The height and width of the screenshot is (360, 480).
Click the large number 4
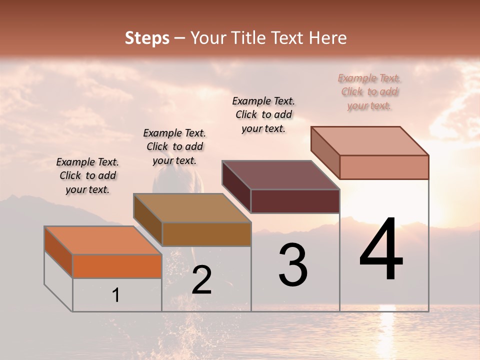(x=381, y=250)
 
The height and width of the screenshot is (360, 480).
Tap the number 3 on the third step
(x=293, y=265)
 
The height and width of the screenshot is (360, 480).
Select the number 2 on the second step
(x=202, y=280)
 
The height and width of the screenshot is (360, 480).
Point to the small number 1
(x=116, y=295)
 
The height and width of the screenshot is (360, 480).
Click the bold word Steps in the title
(x=147, y=38)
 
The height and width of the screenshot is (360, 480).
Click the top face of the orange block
(x=103, y=240)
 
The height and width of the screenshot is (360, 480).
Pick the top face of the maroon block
(x=281, y=175)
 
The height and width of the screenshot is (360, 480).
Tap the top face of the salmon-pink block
(x=370, y=141)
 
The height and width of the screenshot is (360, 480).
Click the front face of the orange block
(x=117, y=266)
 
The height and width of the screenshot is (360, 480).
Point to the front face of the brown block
(x=206, y=234)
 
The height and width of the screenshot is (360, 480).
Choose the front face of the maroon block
(x=295, y=201)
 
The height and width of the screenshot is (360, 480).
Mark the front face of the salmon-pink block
(x=384, y=167)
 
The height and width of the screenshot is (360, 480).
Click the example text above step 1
(x=87, y=176)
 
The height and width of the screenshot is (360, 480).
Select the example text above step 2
(x=174, y=147)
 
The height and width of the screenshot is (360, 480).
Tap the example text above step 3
(x=263, y=114)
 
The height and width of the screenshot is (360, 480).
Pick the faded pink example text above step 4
(x=369, y=92)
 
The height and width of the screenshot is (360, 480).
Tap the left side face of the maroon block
(x=236, y=186)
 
